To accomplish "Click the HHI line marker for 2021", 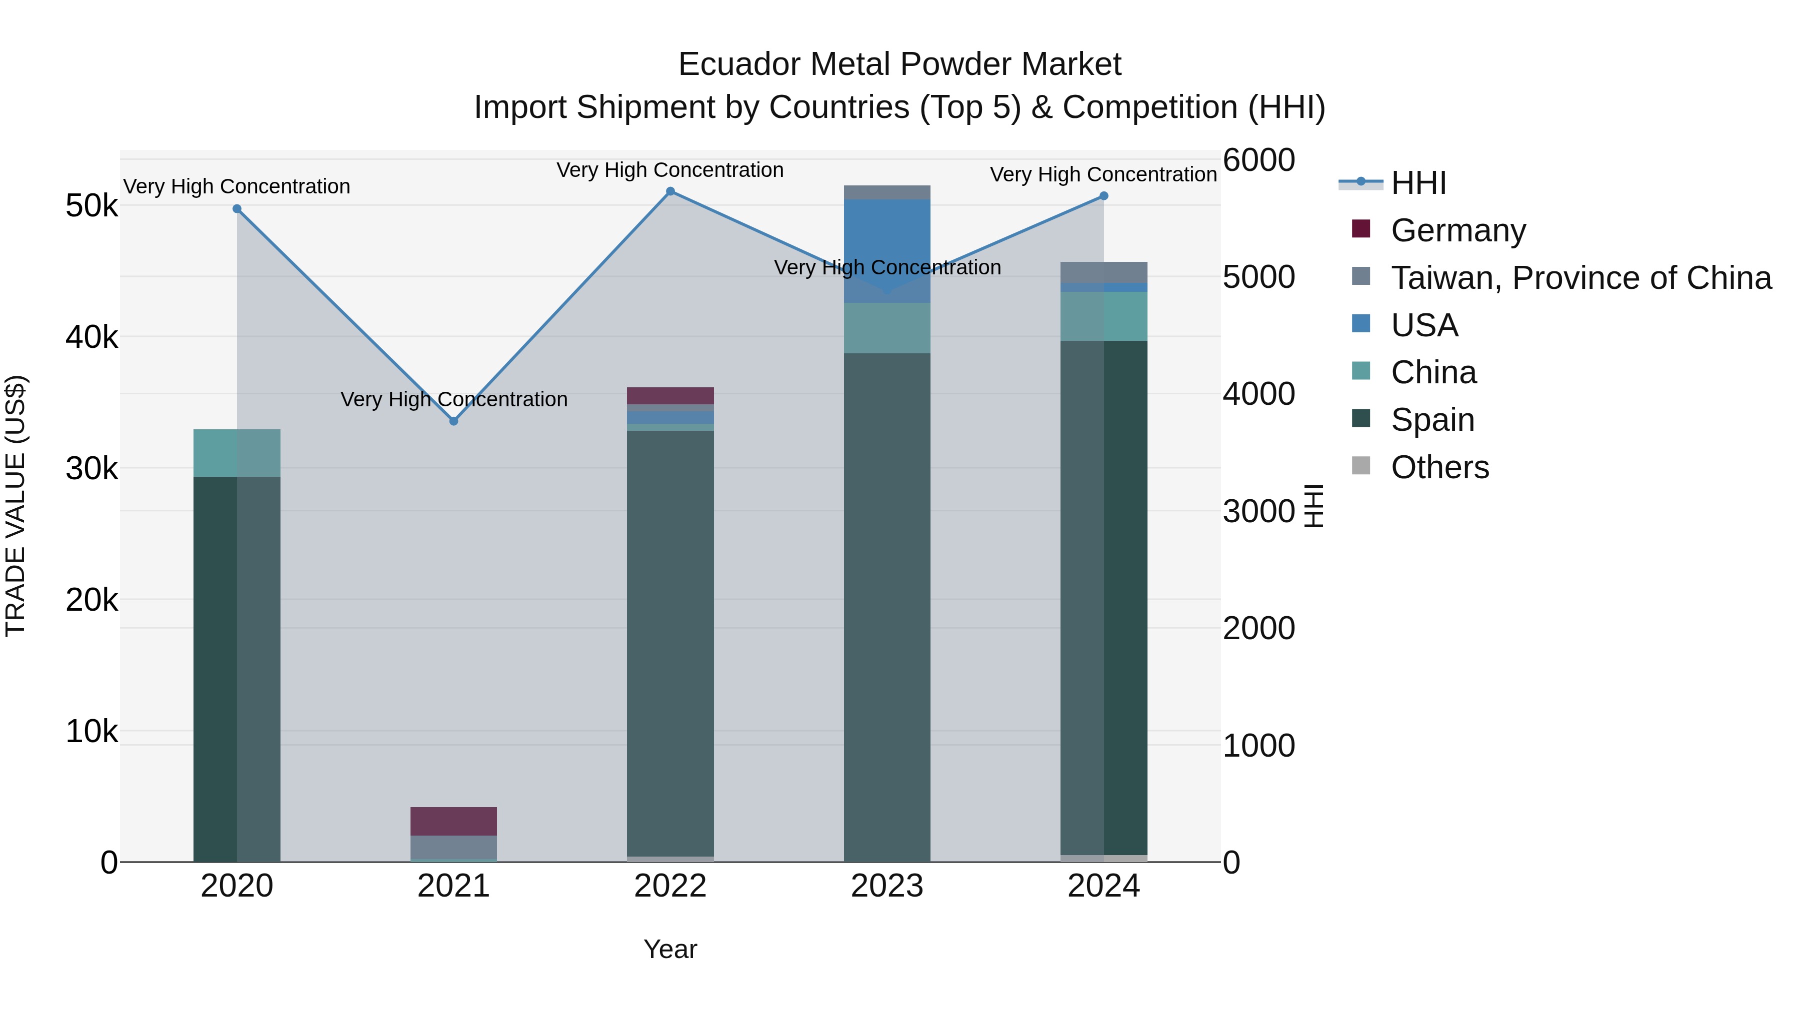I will point(453,421).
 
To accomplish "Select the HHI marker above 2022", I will point(670,191).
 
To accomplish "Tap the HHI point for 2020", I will point(237,209).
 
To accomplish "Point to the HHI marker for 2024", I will point(1103,196).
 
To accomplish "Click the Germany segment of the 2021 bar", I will point(453,821).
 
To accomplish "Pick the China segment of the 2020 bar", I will point(237,453).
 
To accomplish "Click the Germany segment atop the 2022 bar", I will point(670,395).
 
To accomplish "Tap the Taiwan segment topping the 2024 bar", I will point(1103,272).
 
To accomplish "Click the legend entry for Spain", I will point(1432,420).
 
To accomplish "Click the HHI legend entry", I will point(1418,183).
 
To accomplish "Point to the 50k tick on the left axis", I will point(91,206).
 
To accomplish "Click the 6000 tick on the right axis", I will point(1258,160).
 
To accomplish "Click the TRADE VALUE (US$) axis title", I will point(15,506).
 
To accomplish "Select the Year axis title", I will point(670,949).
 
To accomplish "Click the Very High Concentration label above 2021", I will point(453,399).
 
